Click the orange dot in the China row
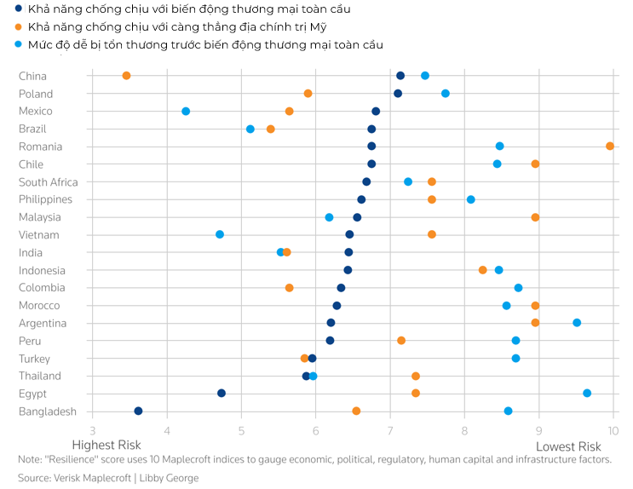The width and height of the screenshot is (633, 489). [x=126, y=76]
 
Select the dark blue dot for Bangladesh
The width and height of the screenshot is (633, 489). [x=138, y=411]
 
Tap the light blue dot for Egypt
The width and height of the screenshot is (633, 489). [x=587, y=393]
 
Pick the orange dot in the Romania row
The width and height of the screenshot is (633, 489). [x=610, y=147]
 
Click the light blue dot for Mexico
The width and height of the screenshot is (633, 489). [x=186, y=112]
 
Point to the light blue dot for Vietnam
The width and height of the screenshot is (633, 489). [x=220, y=234]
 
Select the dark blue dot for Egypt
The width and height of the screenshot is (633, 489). [x=222, y=393]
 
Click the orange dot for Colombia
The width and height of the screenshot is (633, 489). [x=290, y=288]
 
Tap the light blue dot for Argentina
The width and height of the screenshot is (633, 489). [x=577, y=323]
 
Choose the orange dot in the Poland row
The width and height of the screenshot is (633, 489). [x=308, y=94]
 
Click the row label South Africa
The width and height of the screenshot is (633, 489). [x=48, y=182]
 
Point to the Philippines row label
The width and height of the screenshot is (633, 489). [x=45, y=199]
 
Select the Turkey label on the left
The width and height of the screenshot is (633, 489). [x=34, y=359]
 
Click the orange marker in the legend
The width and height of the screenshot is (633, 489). [x=19, y=26]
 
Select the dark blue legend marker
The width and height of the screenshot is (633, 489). [x=19, y=9]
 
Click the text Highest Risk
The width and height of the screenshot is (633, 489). [x=106, y=446]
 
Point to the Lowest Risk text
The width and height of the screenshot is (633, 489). [x=568, y=446]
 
